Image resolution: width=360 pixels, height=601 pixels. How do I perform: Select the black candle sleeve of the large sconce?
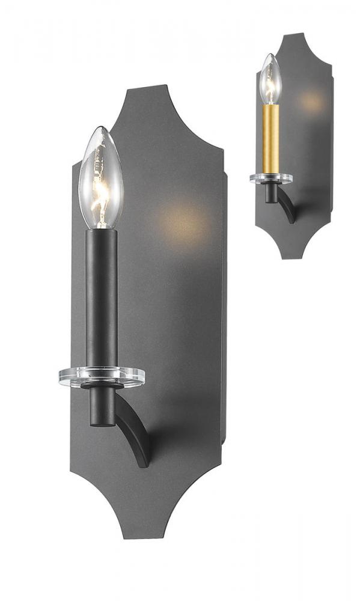point(101,294)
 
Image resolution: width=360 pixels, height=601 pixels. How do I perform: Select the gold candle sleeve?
point(270,138)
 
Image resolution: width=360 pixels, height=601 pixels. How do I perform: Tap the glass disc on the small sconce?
point(270,178)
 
